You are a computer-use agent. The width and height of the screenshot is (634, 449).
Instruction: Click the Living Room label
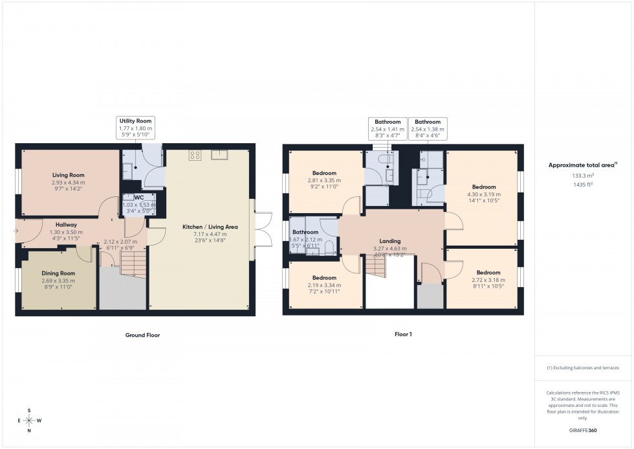[x=68, y=175]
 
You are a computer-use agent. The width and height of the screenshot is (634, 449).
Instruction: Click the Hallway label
[x=66, y=224]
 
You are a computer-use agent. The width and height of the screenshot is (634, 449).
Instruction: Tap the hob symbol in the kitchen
[x=194, y=154]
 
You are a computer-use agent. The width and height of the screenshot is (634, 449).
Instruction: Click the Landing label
[x=389, y=241]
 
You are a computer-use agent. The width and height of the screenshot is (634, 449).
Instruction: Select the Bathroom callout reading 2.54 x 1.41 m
[x=388, y=129]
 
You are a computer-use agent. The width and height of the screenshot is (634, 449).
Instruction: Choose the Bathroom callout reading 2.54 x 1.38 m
[x=428, y=129]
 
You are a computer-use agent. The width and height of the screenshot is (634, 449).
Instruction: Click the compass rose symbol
[x=30, y=420]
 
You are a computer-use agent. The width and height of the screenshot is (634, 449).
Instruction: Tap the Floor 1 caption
[x=402, y=334]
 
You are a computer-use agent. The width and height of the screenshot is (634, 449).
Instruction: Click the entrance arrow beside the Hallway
[x=16, y=230]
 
